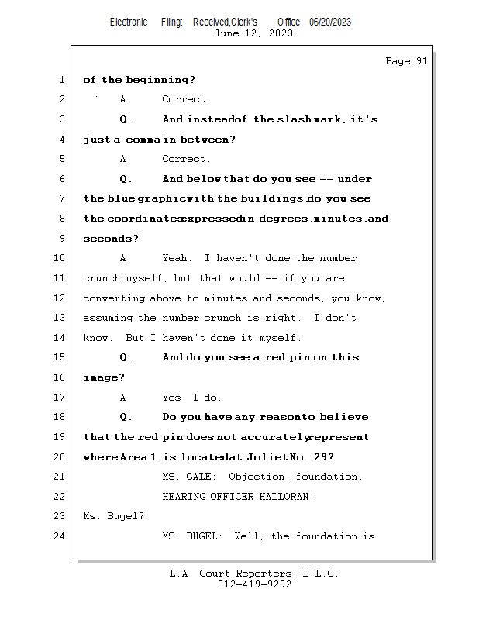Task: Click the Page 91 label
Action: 406,61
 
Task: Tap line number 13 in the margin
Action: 60,318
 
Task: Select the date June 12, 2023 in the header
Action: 253,33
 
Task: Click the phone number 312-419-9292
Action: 254,584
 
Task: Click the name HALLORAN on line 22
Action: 284,497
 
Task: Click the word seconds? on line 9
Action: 111,239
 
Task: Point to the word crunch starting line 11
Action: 101,278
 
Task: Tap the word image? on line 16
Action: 104,377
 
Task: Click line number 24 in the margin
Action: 60,536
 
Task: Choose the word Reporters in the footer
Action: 257,573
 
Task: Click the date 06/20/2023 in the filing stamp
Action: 330,22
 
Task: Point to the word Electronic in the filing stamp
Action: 129,22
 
